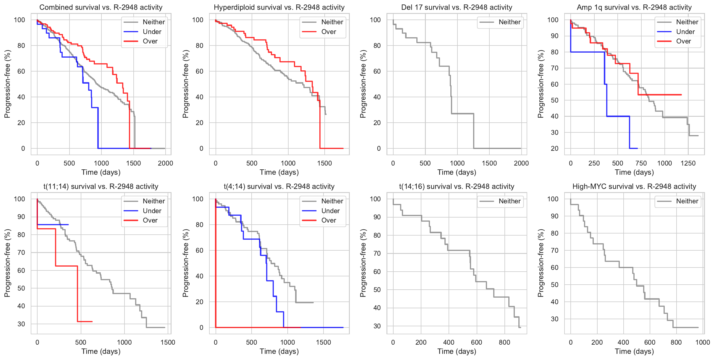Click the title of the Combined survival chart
click(x=101, y=7)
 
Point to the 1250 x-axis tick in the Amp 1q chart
click(x=688, y=163)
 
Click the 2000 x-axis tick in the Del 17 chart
click(x=521, y=163)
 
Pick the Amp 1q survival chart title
click(x=634, y=7)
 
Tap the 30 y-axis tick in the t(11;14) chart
click(x=21, y=324)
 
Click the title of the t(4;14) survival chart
click(x=279, y=187)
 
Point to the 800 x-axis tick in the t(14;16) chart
click(x=504, y=342)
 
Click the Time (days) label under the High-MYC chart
click(x=634, y=351)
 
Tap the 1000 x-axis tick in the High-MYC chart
click(x=703, y=342)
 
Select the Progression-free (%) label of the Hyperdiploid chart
click(x=185, y=84)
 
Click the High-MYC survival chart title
click(x=634, y=187)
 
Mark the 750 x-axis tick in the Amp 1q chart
click(x=641, y=163)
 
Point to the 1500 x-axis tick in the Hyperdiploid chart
click(x=325, y=163)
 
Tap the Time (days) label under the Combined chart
click(x=101, y=172)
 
